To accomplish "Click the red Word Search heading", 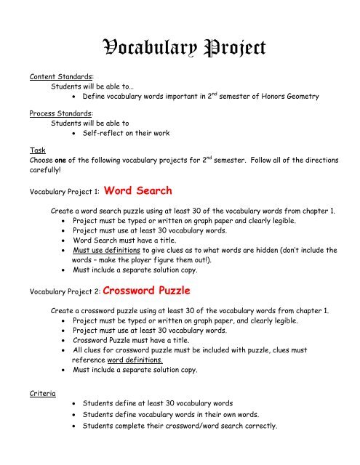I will (x=139, y=192).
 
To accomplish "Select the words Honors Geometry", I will (x=298, y=95).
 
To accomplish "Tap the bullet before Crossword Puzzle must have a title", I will (x=66, y=339).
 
